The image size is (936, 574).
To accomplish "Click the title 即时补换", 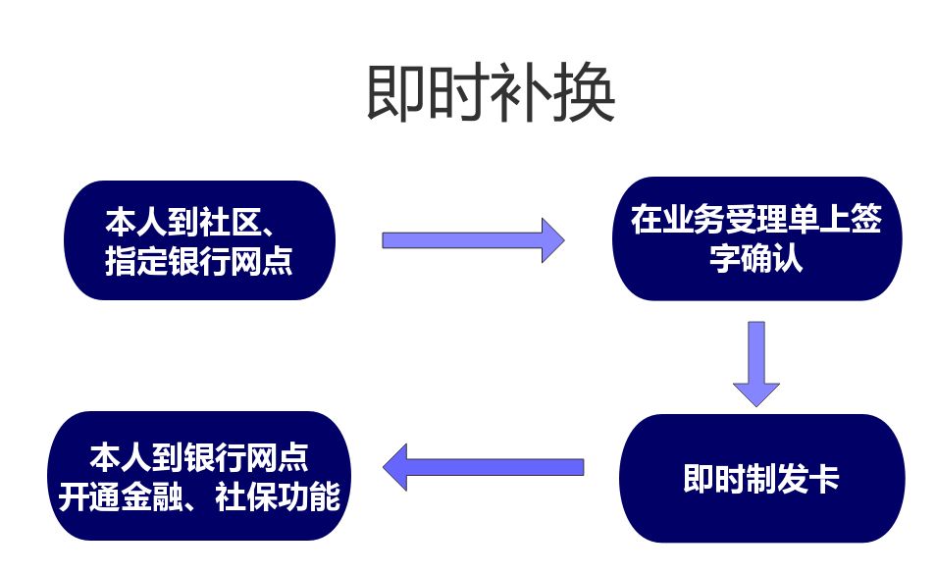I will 491,94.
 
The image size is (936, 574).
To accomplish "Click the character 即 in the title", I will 396,94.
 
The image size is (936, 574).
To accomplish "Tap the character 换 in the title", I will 585,94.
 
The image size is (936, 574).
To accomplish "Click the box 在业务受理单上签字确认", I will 755,238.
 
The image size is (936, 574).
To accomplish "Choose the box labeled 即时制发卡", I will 761,478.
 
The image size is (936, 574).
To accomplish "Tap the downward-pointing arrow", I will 755,362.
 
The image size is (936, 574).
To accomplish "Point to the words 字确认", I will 756,260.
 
